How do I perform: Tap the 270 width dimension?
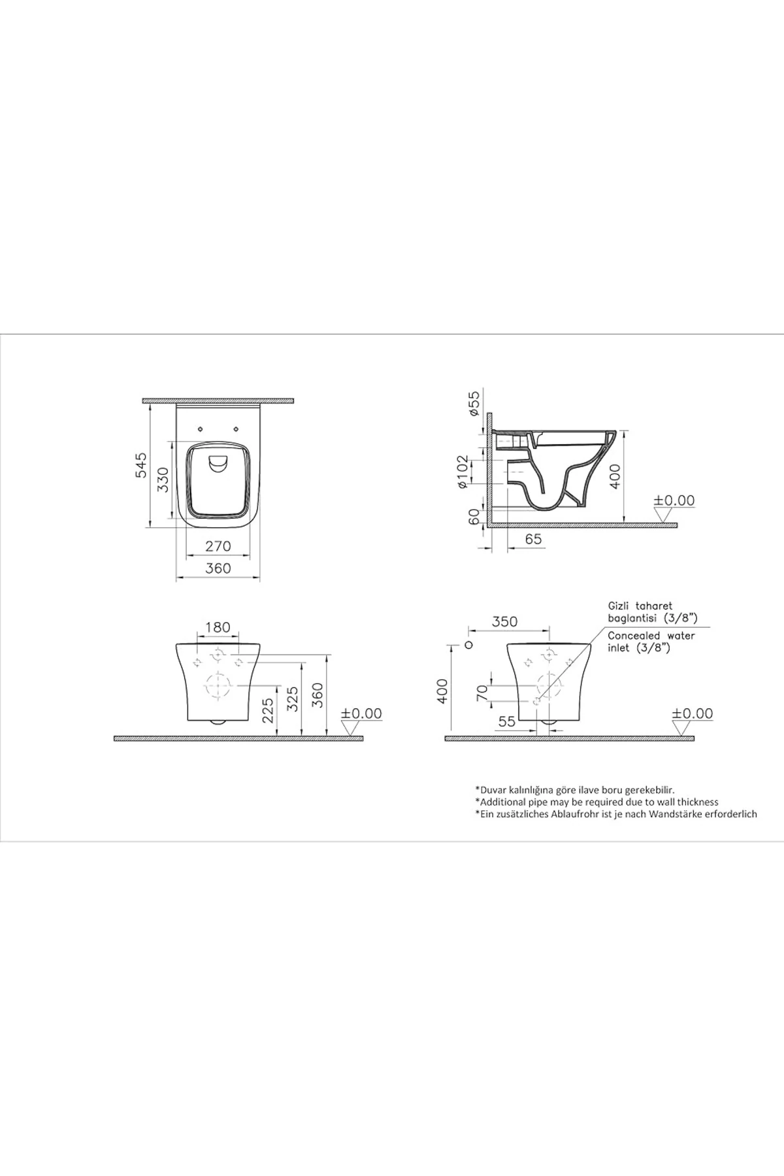(218, 546)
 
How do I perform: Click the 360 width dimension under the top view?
(218, 568)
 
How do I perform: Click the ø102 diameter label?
(463, 472)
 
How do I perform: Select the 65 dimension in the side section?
(533, 539)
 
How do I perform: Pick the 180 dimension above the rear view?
(218, 627)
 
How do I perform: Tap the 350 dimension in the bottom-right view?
(504, 621)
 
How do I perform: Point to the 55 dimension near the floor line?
(506, 722)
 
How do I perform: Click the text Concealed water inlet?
(650, 642)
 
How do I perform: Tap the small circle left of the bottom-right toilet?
(468, 645)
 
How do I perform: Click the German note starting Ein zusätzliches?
(615, 814)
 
